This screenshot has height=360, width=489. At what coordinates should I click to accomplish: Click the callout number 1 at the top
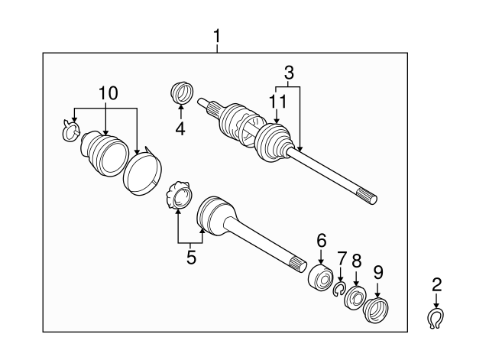(x=217, y=36)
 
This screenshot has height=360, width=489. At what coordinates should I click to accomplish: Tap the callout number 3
(x=289, y=74)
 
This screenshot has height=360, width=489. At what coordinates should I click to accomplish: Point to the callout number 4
(x=180, y=129)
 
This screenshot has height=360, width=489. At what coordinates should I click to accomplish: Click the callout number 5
(x=191, y=258)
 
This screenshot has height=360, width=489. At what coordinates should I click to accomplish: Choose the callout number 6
(x=321, y=240)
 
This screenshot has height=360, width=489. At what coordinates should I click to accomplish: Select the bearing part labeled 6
(x=319, y=277)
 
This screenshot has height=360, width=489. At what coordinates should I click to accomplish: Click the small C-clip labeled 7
(x=338, y=287)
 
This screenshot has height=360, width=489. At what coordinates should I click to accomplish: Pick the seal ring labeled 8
(x=355, y=297)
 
